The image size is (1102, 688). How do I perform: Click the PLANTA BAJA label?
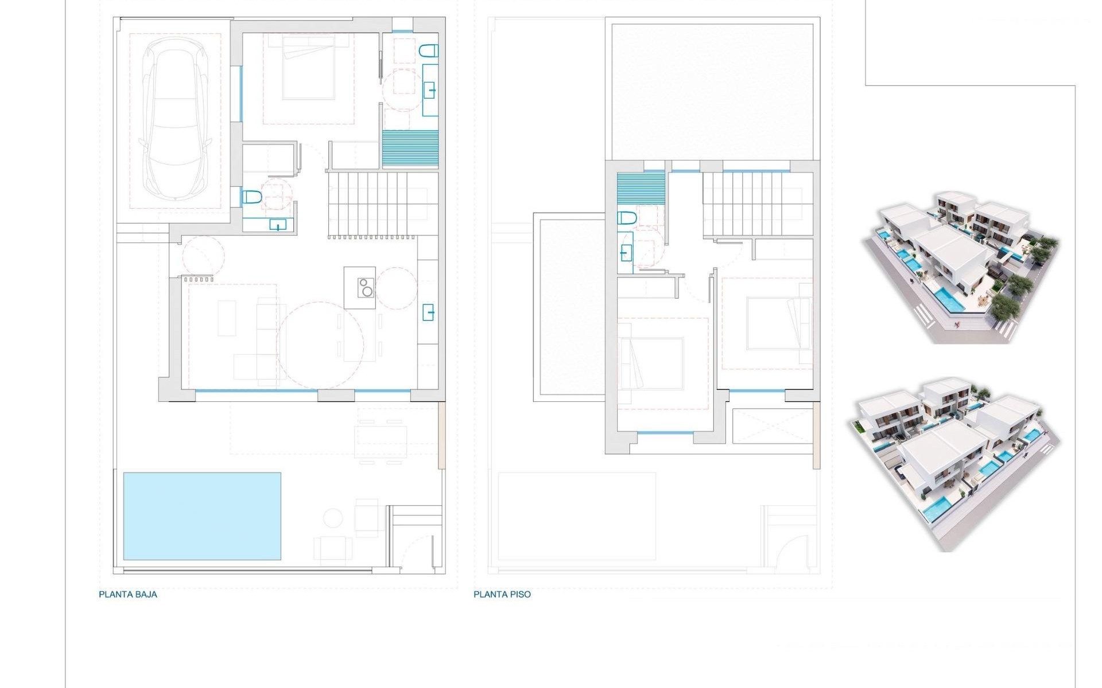[127, 595]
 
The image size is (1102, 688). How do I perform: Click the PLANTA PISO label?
[502, 595]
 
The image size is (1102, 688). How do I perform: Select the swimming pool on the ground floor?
[202, 516]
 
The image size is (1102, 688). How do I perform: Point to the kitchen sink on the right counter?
[429, 312]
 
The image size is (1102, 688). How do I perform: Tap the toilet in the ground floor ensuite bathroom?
[428, 52]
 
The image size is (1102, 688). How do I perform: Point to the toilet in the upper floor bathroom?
[626, 218]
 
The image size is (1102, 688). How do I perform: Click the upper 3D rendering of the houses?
[961, 267]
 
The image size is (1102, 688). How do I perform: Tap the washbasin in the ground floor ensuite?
[429, 91]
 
